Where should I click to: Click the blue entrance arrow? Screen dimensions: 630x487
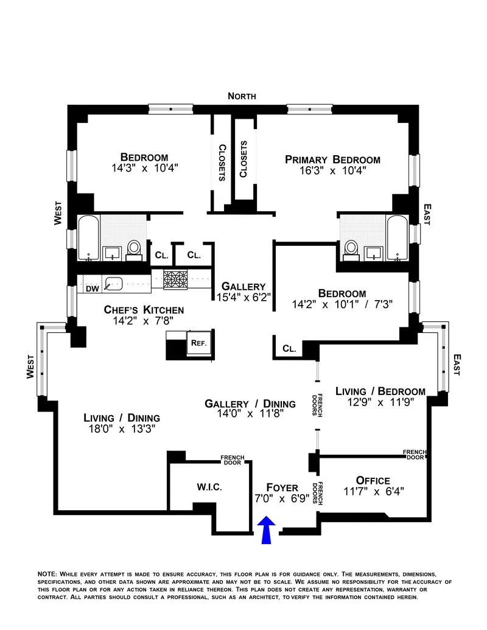266,530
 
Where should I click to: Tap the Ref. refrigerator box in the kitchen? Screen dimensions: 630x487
199,343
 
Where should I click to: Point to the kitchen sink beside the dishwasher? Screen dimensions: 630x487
114,283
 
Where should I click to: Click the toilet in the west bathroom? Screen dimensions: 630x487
134,248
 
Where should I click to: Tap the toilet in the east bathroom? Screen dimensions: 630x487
351,248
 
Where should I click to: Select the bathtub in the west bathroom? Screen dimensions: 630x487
89,237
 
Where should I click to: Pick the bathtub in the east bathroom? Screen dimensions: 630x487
398,237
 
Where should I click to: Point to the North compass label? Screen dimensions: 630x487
242,96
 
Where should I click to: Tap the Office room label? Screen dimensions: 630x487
373,480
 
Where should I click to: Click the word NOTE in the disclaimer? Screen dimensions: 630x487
47,574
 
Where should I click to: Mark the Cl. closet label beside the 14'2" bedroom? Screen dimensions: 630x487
289,349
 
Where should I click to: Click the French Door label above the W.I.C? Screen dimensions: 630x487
232,459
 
